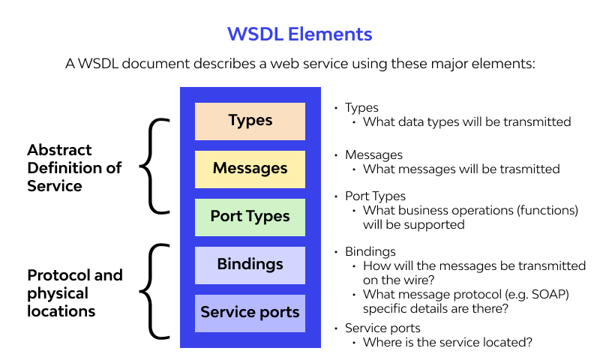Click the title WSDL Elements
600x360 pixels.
pyautogui.click(x=299, y=34)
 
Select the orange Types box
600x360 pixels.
pyautogui.click(x=250, y=121)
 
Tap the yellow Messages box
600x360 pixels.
pyautogui.click(x=250, y=169)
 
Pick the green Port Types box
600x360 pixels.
pyautogui.click(x=250, y=217)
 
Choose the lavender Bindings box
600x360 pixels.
pyautogui.click(x=250, y=265)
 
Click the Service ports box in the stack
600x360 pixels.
pyautogui.click(x=250, y=313)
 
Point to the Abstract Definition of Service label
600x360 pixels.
pyautogui.click(x=74, y=167)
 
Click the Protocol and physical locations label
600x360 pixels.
pyautogui.click(x=74, y=293)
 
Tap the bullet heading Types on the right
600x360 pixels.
pyautogui.click(x=361, y=108)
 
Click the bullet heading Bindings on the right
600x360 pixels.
pyautogui.click(x=370, y=251)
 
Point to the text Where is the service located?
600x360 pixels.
pyautogui.click(x=448, y=343)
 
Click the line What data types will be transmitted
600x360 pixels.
pyautogui.click(x=466, y=121)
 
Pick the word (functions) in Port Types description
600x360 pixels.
pyautogui.click(x=546, y=211)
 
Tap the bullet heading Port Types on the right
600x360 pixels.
pyautogui.click(x=375, y=196)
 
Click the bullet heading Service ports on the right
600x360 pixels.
pyautogui.click(x=382, y=328)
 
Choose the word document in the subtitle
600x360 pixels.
pyautogui.click(x=166, y=64)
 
